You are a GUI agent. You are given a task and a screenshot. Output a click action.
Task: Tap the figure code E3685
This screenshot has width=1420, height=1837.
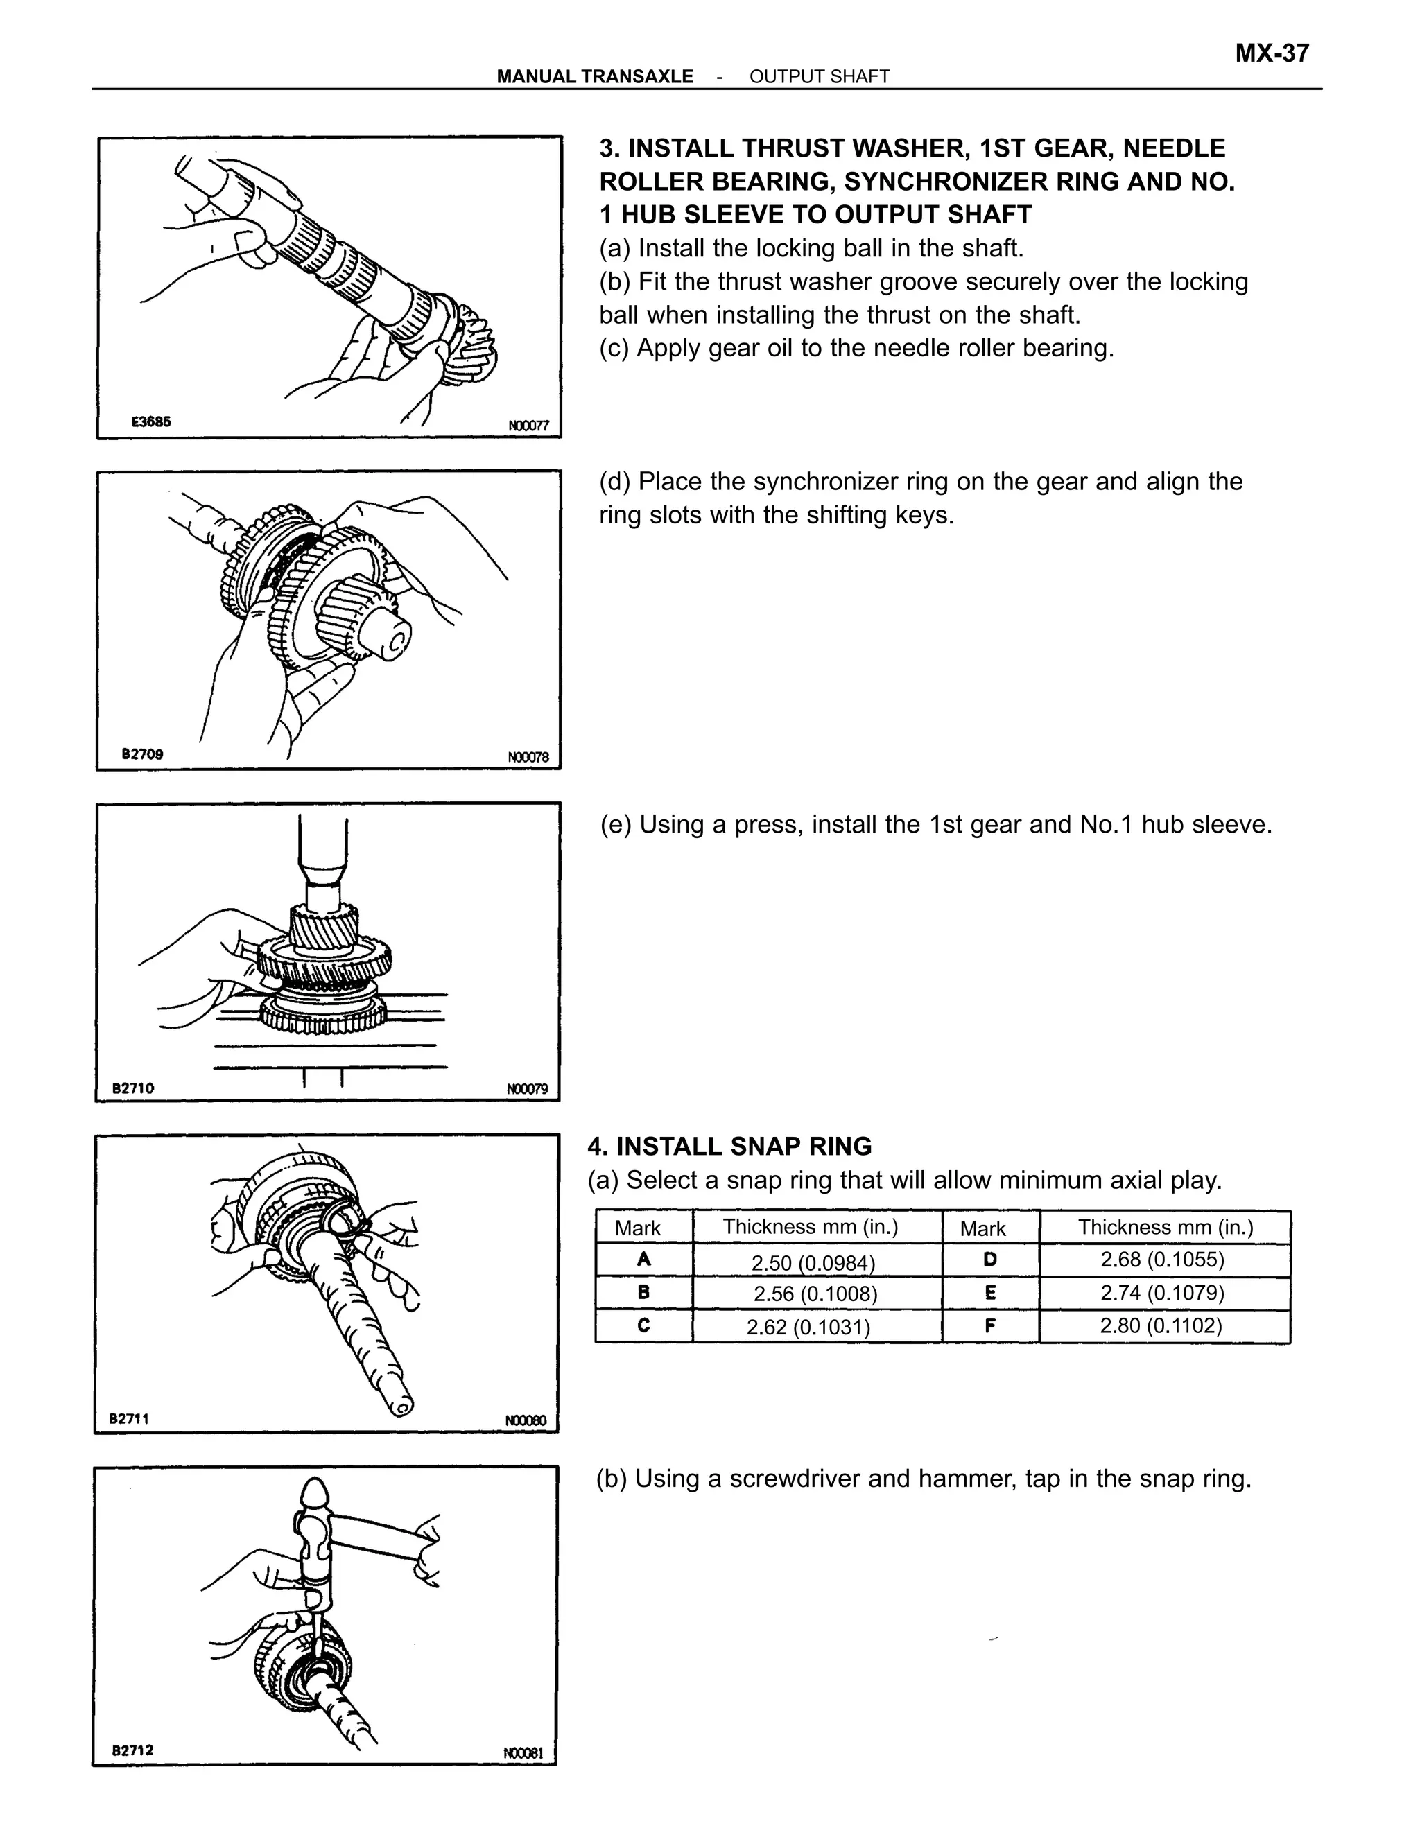click(150, 422)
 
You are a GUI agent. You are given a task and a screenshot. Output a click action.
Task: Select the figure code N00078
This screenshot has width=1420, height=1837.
click(528, 757)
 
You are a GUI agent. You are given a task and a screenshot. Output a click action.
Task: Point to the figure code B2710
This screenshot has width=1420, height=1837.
click(134, 1088)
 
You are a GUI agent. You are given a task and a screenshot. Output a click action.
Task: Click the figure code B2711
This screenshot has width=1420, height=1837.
click(129, 1418)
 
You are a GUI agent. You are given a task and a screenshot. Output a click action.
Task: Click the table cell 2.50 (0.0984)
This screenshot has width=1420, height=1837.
click(813, 1262)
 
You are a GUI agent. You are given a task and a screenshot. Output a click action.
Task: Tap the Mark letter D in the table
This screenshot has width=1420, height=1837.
click(989, 1259)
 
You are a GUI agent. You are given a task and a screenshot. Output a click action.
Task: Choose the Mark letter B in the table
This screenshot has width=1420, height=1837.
click(643, 1293)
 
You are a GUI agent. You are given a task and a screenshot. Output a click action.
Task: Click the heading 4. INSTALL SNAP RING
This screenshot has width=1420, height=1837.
click(729, 1147)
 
